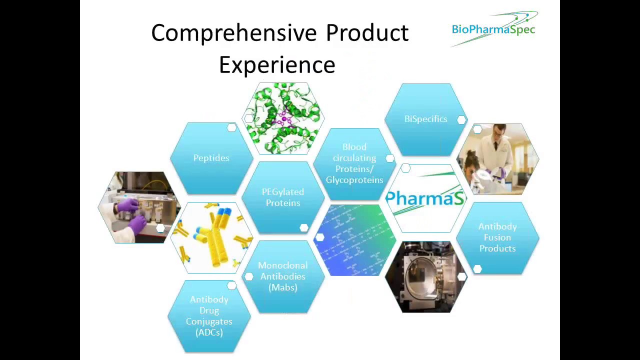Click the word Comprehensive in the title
click(x=233, y=33)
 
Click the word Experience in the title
click(x=277, y=65)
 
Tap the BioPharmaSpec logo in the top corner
click(x=494, y=29)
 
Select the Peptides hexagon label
click(x=211, y=158)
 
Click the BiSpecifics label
click(x=425, y=119)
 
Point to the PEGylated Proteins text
click(x=282, y=197)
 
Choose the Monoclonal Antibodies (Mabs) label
click(x=282, y=276)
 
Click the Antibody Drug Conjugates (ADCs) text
click(x=209, y=316)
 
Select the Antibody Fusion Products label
click(x=497, y=237)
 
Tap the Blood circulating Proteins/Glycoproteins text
click(x=354, y=163)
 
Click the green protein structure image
click(x=283, y=118)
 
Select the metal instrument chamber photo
click(x=425, y=277)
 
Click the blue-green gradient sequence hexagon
click(x=354, y=240)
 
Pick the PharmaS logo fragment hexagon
click(x=425, y=198)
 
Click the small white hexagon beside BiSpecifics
click(x=461, y=119)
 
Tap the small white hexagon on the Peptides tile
click(x=231, y=128)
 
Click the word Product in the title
click(x=367, y=33)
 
